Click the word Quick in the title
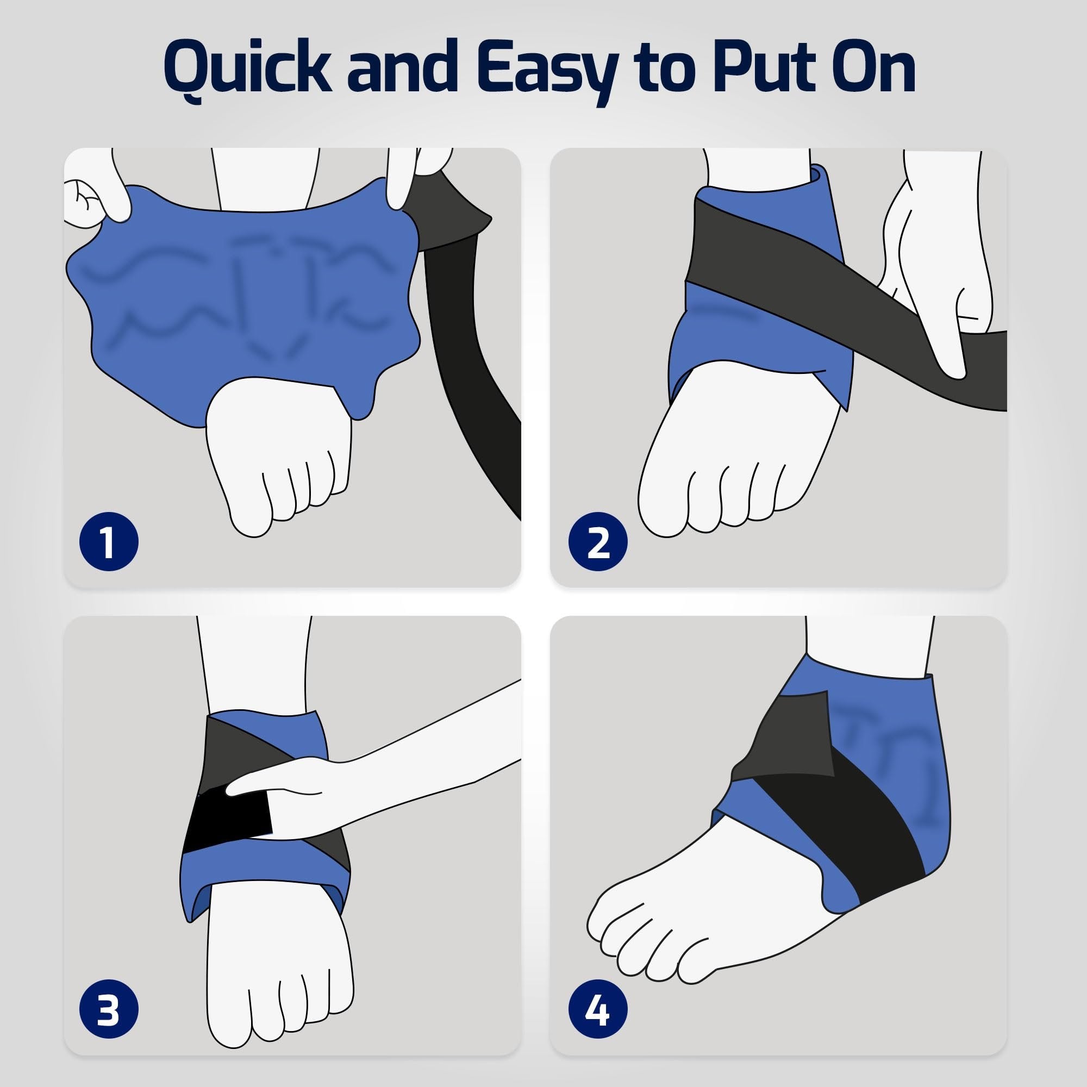(x=247, y=70)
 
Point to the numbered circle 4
(x=597, y=1010)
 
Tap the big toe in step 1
(x=251, y=509)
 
